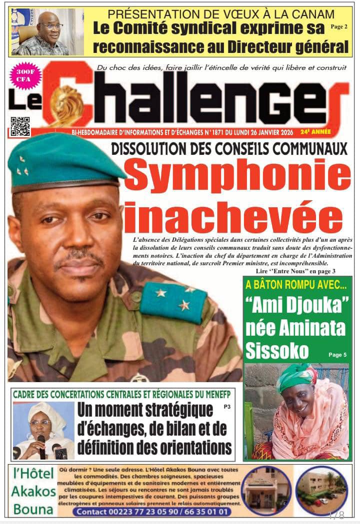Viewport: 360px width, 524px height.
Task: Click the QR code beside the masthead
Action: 20,126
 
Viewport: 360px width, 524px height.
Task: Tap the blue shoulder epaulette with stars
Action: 173,300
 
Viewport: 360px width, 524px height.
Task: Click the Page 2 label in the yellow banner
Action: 339,27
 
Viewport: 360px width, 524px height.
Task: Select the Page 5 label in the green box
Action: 337,355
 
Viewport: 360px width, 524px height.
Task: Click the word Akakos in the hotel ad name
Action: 33,491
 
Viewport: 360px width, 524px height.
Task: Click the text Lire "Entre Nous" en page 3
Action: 295,271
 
